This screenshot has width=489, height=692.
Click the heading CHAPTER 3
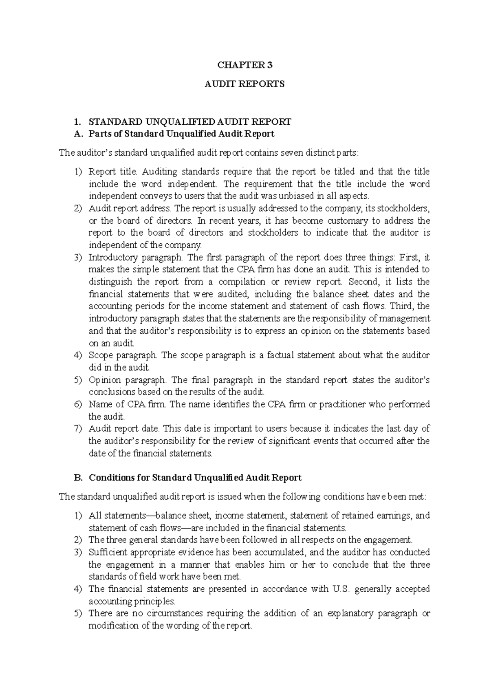pos(244,65)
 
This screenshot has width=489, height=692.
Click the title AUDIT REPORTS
pos(244,84)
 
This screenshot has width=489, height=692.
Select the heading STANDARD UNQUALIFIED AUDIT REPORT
pos(190,122)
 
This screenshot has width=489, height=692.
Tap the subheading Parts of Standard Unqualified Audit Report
pos(181,134)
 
